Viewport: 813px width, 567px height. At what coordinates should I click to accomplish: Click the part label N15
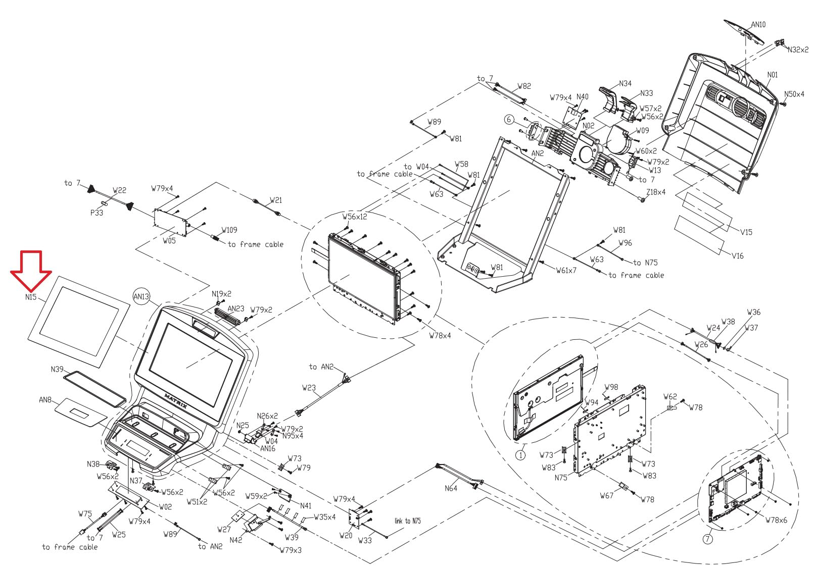(x=31, y=297)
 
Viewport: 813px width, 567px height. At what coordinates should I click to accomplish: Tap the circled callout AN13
(x=142, y=296)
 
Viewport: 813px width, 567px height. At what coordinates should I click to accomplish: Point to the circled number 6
(x=509, y=120)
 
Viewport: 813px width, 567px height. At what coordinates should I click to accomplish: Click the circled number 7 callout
(x=707, y=539)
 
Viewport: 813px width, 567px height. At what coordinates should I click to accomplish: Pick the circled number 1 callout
(x=520, y=454)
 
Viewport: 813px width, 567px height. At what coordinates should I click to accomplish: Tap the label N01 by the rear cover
(x=772, y=75)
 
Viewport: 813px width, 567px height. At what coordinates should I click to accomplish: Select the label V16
(x=738, y=256)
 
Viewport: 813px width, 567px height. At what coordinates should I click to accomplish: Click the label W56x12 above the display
(x=355, y=217)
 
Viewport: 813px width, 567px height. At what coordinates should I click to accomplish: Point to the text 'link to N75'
(x=407, y=521)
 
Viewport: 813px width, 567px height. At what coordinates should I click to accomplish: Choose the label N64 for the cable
(x=451, y=488)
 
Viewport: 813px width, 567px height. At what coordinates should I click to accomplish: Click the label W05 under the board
(x=169, y=241)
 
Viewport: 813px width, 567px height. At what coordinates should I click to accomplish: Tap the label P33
(x=97, y=213)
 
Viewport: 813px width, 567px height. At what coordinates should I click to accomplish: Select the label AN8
(x=45, y=399)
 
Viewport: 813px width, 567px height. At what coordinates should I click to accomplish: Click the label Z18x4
(x=656, y=192)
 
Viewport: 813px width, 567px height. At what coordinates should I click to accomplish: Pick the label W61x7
(x=566, y=270)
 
